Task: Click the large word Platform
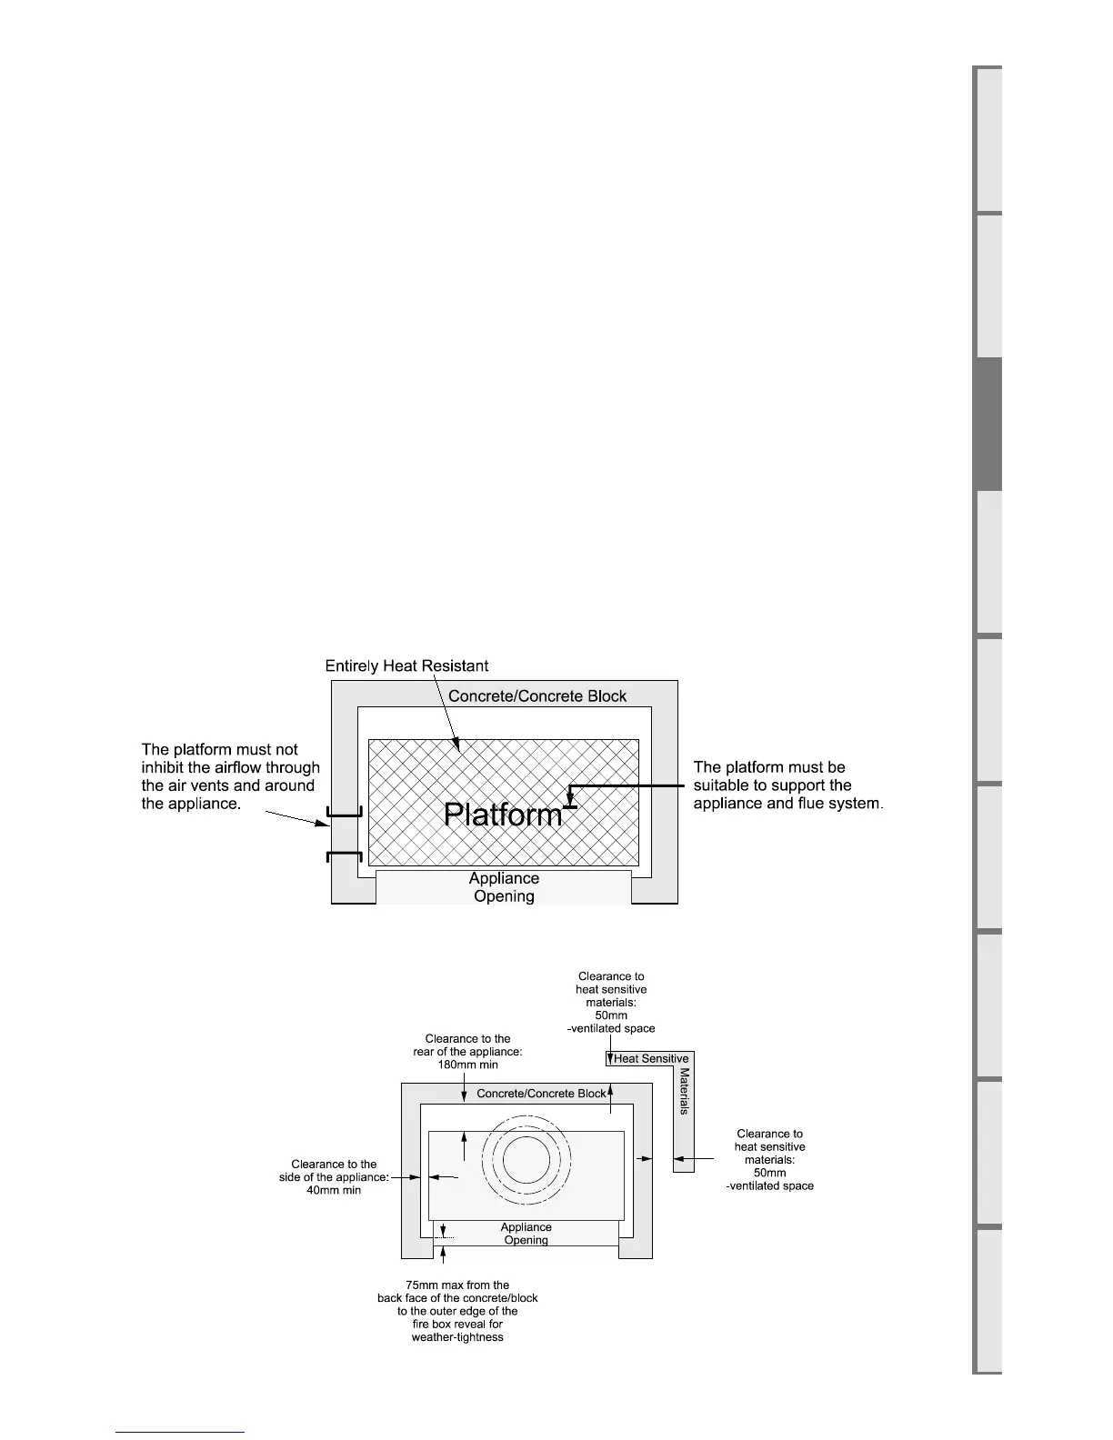[503, 815]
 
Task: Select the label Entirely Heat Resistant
[406, 666]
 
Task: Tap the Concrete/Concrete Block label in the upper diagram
[537, 696]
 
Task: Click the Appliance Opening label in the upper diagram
[504, 887]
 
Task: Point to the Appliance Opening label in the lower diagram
[526, 1234]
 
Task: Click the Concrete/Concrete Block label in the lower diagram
[540, 1094]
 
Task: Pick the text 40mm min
[334, 1190]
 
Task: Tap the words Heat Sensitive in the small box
[651, 1059]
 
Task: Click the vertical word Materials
[684, 1092]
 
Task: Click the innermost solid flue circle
[524, 1159]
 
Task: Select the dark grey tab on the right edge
[988, 425]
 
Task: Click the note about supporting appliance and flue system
[787, 785]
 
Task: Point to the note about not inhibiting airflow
[230, 776]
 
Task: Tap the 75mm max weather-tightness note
[457, 1311]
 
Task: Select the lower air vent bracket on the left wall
[345, 856]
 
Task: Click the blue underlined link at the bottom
[180, 1432]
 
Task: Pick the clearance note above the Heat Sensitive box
[611, 1003]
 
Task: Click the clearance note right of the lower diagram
[769, 1159]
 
